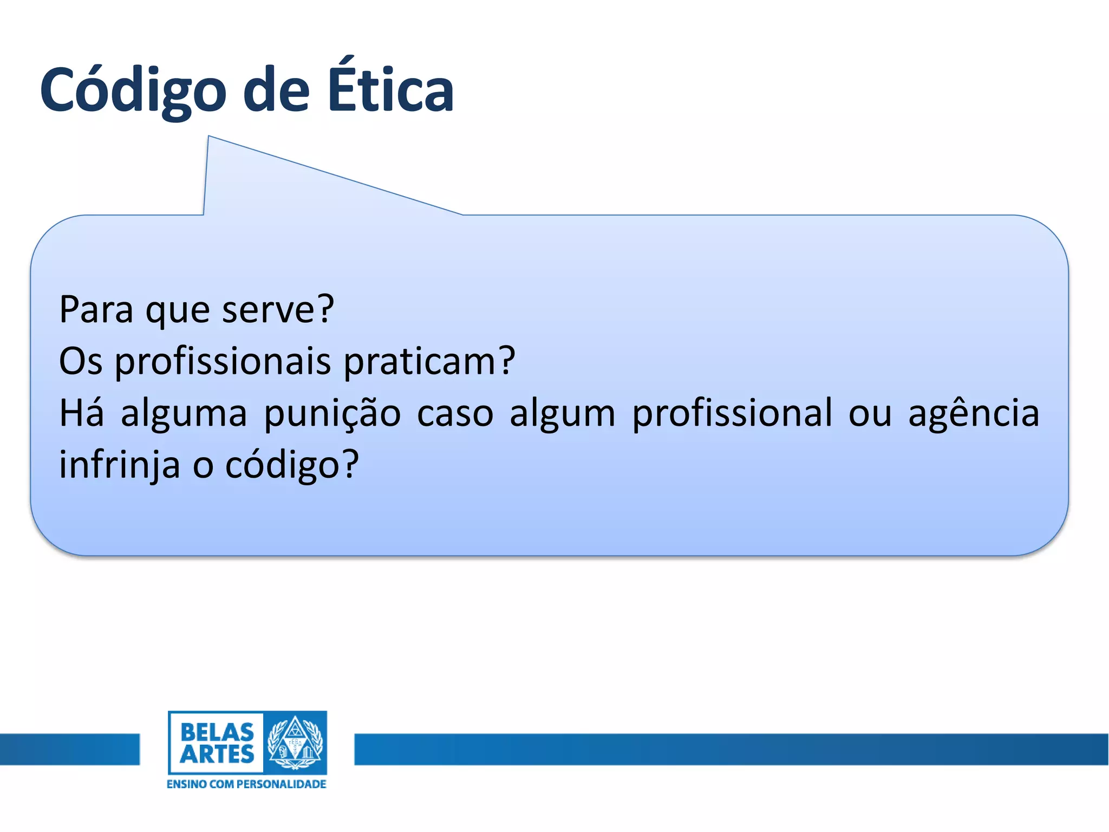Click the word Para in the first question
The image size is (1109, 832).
96,310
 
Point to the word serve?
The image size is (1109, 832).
278,310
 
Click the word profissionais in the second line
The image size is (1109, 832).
223,361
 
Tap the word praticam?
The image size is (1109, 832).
429,361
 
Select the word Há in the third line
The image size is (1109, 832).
81,413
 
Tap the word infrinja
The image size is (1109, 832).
119,465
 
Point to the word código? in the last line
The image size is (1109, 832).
292,465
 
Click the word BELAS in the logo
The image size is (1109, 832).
217,732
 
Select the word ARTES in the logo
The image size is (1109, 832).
217,755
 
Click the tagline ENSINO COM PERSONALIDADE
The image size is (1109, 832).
246,784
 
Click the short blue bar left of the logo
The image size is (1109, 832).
69,749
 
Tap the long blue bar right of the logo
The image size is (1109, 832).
731,749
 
